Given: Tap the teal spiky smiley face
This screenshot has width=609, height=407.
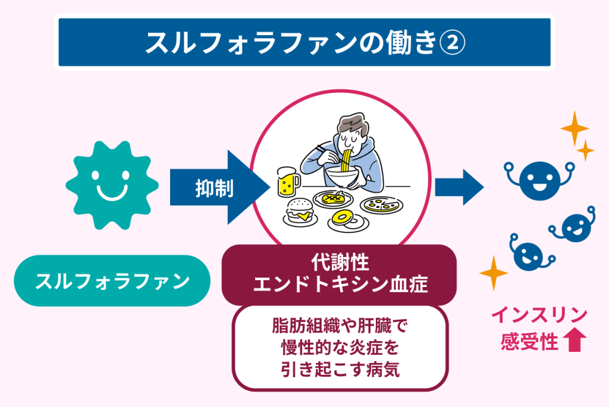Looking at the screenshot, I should click(x=112, y=185).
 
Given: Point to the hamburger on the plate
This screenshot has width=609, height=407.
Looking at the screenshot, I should click(x=299, y=211).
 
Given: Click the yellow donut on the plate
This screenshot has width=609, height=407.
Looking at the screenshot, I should click(x=344, y=217).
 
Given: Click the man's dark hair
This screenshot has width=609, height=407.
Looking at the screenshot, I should click(x=351, y=124).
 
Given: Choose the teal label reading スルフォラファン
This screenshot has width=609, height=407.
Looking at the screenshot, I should click(x=112, y=280).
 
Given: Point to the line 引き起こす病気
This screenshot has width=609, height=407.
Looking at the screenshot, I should click(x=340, y=370).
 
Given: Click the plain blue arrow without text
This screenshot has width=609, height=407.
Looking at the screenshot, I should click(x=459, y=188).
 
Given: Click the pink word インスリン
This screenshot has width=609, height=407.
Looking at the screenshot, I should click(x=539, y=315).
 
